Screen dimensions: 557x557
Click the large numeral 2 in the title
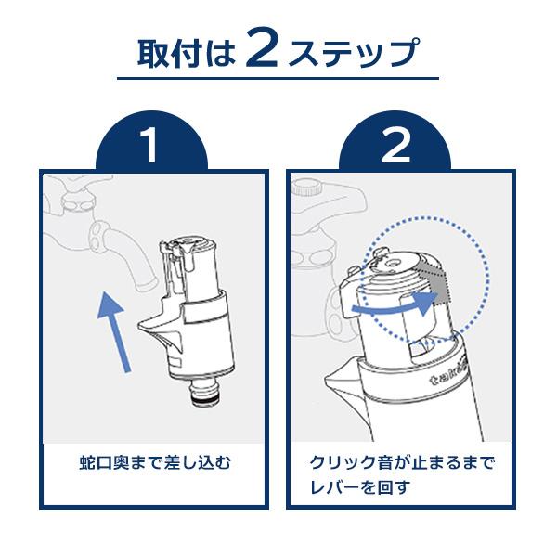tap(262, 48)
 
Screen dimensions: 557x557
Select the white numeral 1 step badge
tap(149, 146)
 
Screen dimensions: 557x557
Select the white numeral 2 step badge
tap(395, 146)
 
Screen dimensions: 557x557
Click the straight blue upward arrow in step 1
tap(113, 331)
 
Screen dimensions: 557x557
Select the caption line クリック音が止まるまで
tap(402, 463)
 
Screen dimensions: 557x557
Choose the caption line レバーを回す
tap(360, 487)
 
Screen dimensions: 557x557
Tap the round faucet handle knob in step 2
tap(307, 188)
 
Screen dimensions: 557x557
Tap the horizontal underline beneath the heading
tap(278, 79)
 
